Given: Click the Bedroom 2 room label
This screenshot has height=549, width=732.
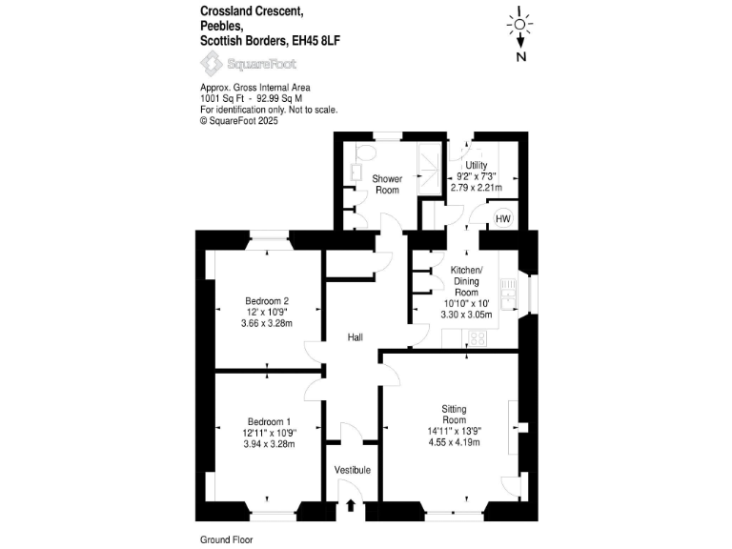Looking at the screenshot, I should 266,301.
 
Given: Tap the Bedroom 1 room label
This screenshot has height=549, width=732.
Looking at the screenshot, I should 269,421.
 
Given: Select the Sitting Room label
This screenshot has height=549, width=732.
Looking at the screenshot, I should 454,414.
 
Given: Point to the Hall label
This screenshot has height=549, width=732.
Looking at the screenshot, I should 355,337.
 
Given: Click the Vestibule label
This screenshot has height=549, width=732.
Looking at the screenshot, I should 352,470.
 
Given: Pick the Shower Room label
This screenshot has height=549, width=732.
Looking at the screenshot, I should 387,184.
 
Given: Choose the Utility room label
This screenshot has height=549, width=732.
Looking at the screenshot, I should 477,165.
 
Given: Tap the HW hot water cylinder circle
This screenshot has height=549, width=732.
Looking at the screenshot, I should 502,219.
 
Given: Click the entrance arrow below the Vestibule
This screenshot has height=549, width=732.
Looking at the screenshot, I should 352,506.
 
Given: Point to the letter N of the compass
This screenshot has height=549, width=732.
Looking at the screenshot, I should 520,56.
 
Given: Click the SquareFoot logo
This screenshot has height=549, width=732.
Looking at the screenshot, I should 248,64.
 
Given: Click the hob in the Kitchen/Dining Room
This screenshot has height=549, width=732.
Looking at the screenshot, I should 477,336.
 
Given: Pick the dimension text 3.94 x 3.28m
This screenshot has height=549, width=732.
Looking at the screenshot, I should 269,444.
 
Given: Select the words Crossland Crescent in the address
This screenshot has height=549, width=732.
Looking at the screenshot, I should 251,10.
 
